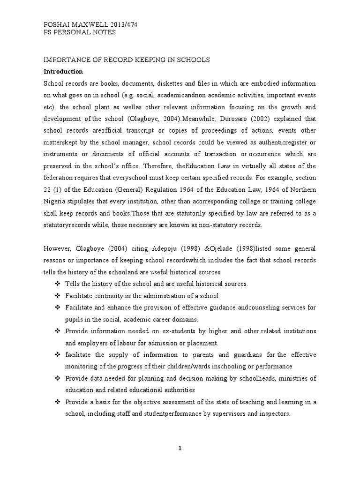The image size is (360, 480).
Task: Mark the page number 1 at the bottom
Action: [x=180, y=448]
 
